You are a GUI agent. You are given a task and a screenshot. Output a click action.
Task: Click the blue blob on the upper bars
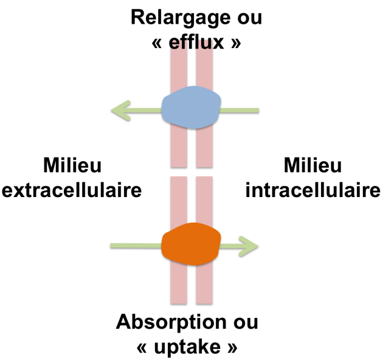tap(191, 108)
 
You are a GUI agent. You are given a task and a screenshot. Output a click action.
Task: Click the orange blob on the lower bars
tap(191, 244)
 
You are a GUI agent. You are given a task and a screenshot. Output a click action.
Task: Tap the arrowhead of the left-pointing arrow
tap(121, 110)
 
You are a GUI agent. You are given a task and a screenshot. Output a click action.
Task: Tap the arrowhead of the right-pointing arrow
tap(249, 246)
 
